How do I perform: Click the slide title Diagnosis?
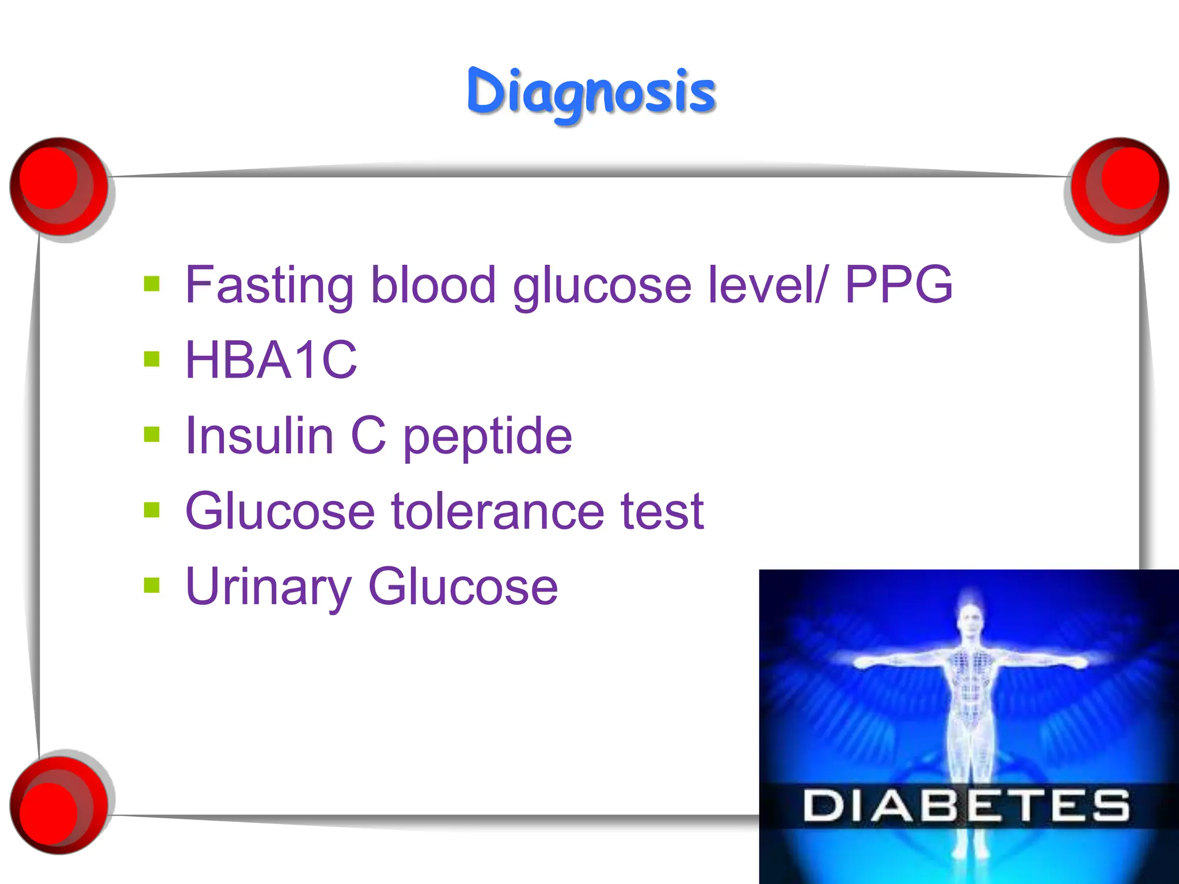591,92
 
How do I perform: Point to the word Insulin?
260,436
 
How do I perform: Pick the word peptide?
487,437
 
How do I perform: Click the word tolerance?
497,511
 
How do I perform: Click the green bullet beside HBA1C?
151,359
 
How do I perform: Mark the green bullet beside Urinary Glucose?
151,585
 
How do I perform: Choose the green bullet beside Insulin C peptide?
151,435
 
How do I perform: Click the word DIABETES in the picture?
967,806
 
